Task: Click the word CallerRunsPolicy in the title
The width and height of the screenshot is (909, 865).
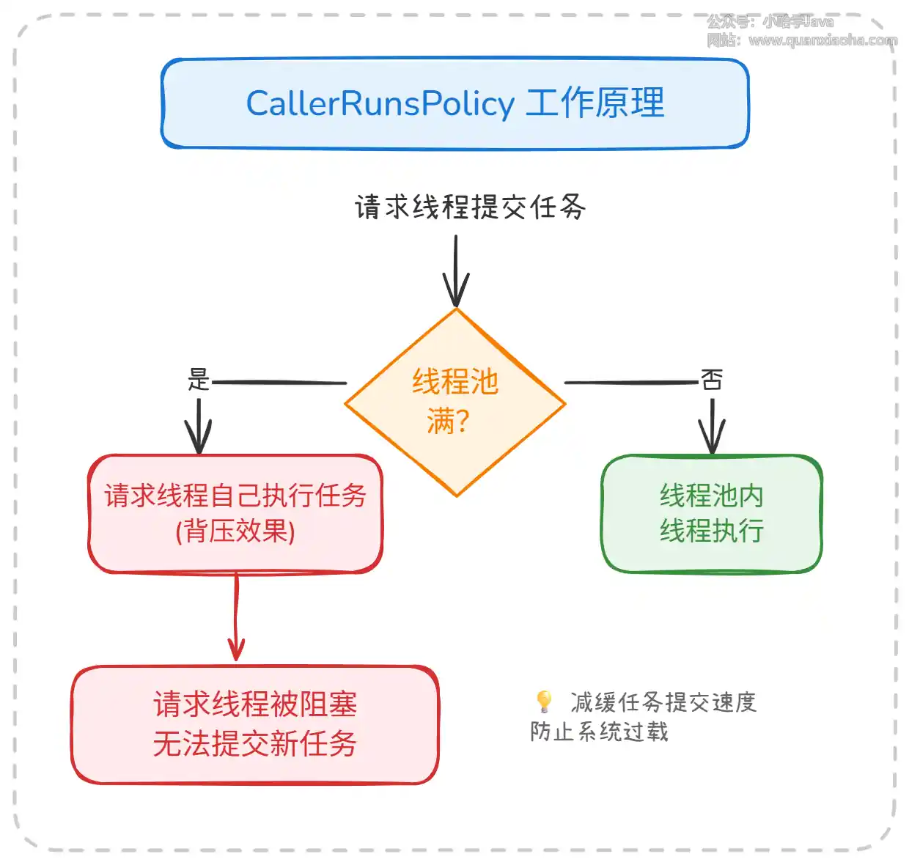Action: click(380, 103)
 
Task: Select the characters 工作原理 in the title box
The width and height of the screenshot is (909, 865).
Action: click(595, 103)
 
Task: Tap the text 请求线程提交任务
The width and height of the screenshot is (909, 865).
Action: click(470, 207)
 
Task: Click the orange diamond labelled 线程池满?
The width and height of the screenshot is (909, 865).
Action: click(455, 402)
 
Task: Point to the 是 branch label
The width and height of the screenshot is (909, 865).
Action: click(199, 379)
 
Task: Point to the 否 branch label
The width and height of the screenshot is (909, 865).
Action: click(712, 379)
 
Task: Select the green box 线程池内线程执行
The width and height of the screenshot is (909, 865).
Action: click(711, 513)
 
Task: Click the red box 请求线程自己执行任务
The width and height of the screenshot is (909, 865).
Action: click(235, 496)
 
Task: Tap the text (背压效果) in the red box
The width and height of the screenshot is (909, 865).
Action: click(235, 531)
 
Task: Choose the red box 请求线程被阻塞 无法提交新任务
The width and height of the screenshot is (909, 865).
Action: click(254, 724)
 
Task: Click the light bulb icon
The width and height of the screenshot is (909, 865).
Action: click(544, 701)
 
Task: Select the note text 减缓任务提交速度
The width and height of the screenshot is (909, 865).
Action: click(663, 702)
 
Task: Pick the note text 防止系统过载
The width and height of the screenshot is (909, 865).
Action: click(599, 732)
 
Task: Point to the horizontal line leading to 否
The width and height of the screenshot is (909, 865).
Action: click(630, 383)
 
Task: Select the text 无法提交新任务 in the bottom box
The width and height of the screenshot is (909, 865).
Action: click(254, 744)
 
